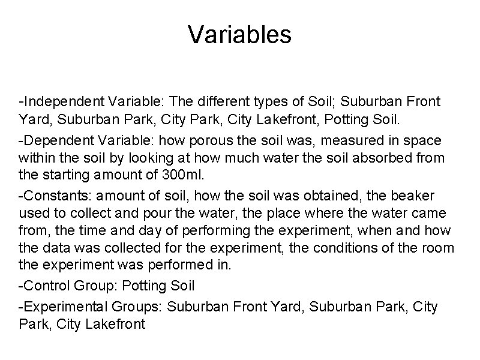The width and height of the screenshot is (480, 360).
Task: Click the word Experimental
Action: (63, 307)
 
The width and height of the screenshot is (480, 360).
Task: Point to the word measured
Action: (325, 140)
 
